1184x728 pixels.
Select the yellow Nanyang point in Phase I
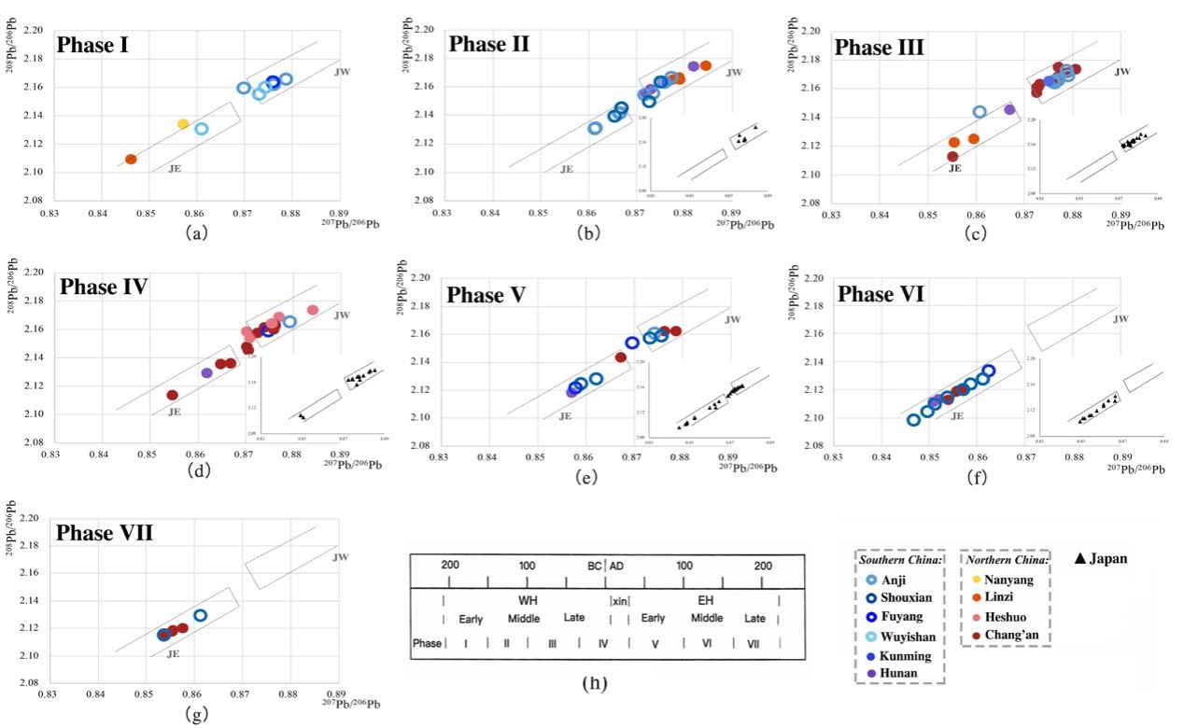183,124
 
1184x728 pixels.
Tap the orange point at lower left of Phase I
131,160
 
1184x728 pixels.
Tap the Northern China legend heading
1005,559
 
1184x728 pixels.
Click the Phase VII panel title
105,533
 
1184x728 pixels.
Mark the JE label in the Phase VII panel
173,653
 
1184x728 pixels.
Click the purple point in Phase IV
207,372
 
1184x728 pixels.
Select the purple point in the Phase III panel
1009,109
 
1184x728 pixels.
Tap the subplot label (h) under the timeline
595,683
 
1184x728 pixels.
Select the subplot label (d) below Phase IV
198,469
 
